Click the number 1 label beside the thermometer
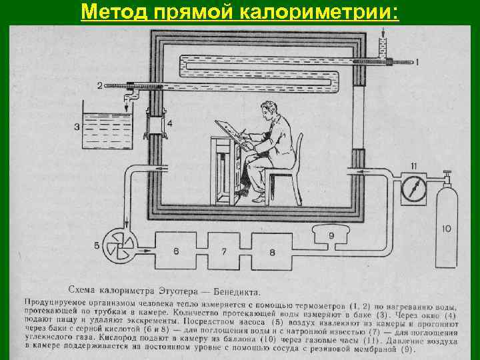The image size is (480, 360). point(418,62)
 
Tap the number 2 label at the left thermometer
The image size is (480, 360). point(99,86)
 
